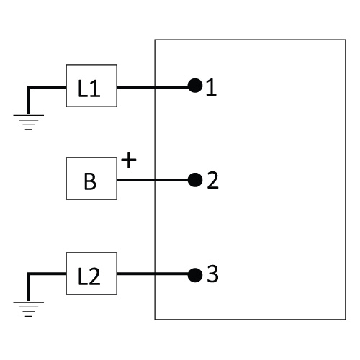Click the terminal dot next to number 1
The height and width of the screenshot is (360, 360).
(195, 86)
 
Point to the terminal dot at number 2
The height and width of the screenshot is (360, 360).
(195, 180)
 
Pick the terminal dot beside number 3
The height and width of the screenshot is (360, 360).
(195, 275)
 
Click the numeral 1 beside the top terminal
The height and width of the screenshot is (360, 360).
(211, 88)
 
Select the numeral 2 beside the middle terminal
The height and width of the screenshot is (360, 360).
(212, 180)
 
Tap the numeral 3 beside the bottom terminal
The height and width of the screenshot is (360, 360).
(212, 274)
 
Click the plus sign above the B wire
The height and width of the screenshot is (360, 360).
(129, 160)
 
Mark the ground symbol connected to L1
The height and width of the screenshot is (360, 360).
(29, 122)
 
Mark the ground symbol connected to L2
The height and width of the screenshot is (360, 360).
(29, 309)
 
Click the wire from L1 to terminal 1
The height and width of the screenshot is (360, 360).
(153, 87)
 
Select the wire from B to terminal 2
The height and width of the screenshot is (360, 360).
(153, 180)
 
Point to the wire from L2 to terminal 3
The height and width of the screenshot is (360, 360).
(153, 274)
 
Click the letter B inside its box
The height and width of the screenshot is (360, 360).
(90, 181)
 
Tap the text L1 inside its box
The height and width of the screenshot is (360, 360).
(89, 89)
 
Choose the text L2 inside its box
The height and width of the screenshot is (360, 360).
(89, 276)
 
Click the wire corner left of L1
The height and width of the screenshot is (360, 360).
(29, 87)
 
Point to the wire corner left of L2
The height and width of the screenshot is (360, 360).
(29, 274)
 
